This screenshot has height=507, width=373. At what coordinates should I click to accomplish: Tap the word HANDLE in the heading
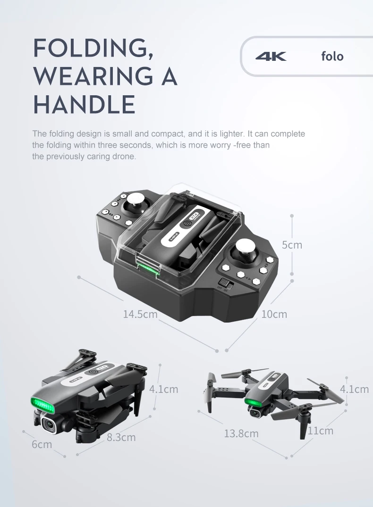click(x=84, y=104)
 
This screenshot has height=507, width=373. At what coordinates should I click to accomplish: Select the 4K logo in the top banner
click(x=271, y=57)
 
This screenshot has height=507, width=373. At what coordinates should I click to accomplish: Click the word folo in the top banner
click(x=332, y=56)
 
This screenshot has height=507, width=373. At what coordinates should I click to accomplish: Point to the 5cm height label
click(x=292, y=245)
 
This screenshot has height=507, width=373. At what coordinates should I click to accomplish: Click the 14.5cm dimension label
click(x=140, y=314)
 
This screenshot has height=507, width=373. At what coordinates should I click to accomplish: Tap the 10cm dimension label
click(x=274, y=314)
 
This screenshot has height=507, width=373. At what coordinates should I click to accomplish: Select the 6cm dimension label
click(x=42, y=444)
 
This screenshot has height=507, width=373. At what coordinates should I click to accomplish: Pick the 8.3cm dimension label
click(x=121, y=438)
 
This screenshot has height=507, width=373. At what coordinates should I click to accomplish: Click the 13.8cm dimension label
click(x=241, y=433)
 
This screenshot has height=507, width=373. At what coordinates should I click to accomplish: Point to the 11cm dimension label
click(x=320, y=431)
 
